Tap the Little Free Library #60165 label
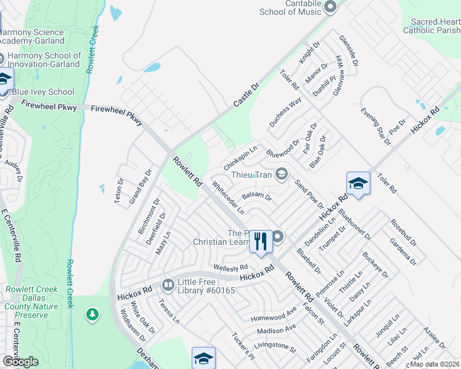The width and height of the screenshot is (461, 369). pos(205,285)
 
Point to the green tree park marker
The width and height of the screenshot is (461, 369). pos(92,315)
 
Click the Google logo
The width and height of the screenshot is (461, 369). pos(20,362)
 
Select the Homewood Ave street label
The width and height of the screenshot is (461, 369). pos(274,318)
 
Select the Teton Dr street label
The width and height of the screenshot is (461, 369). pos(120,190)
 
